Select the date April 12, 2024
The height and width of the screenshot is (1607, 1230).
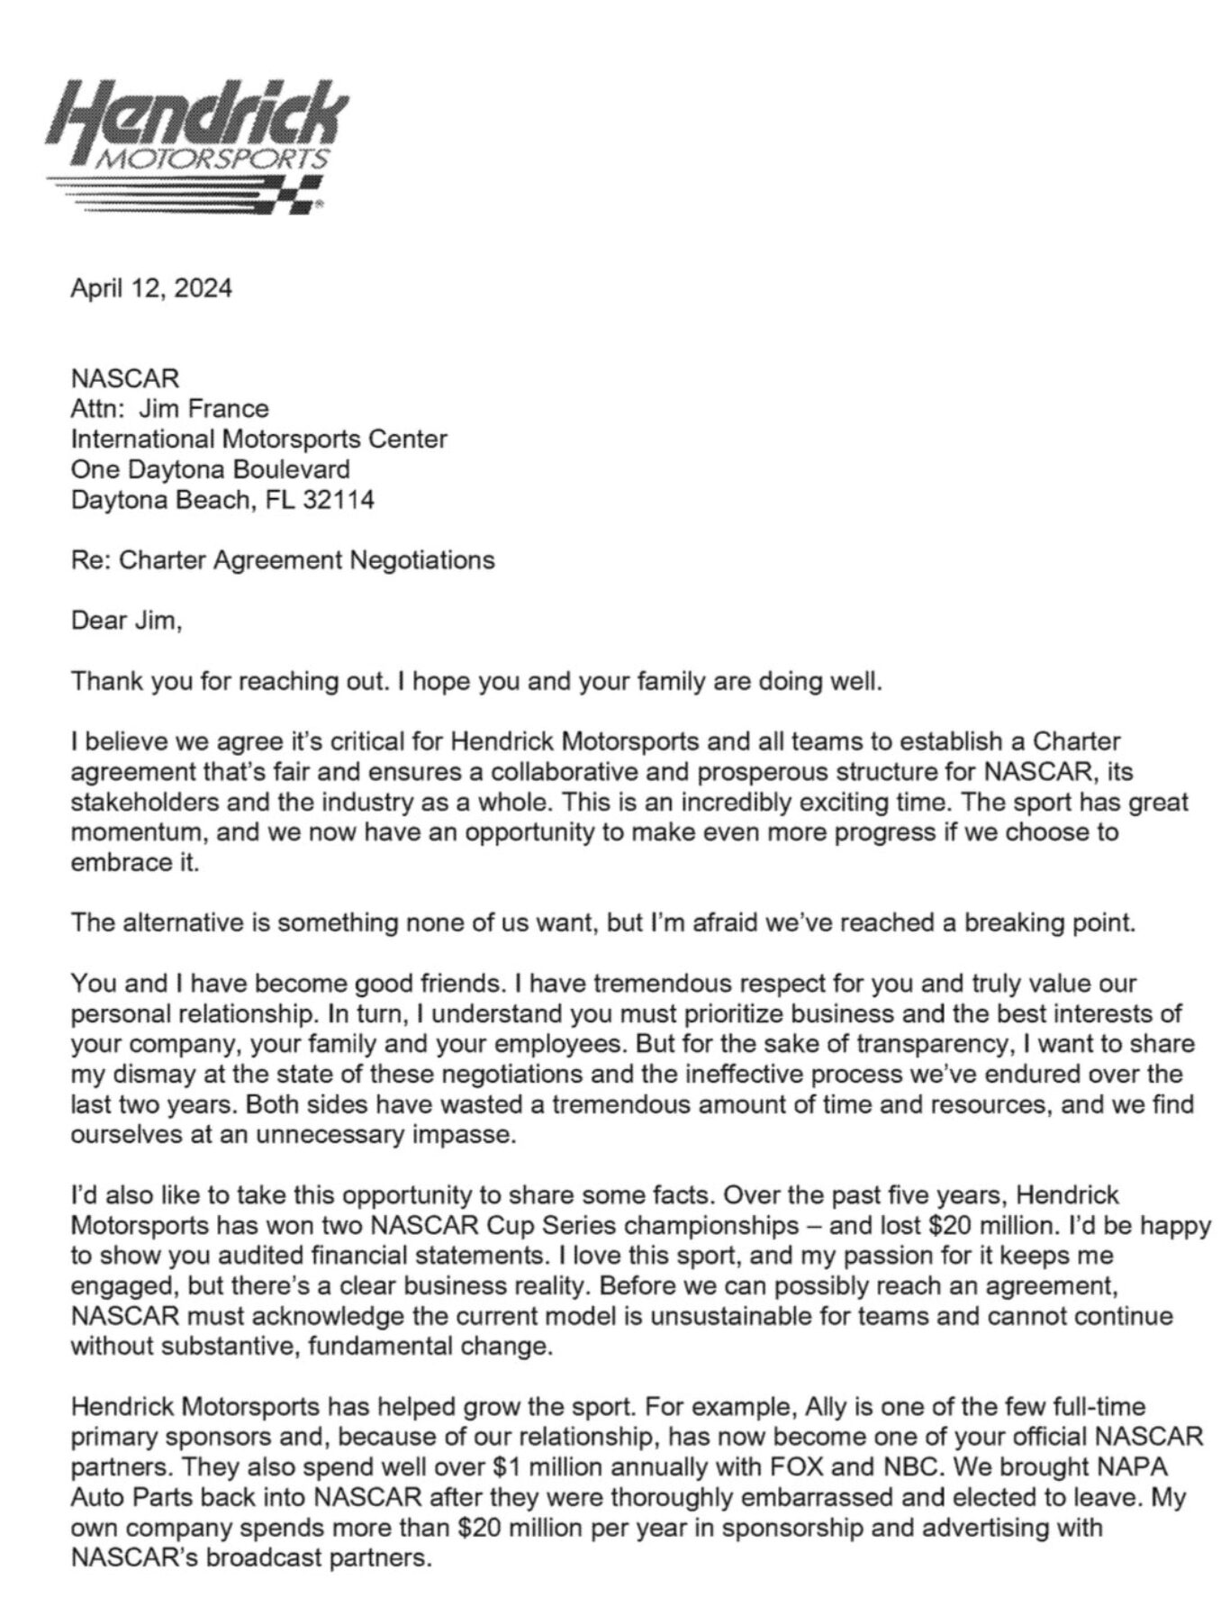pos(151,288)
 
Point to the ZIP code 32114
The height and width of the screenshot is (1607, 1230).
pos(338,499)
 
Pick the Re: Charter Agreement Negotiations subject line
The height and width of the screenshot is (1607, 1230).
pos(283,560)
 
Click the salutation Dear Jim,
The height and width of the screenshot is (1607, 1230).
pos(126,621)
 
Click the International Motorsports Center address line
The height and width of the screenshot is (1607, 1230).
pos(259,439)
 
